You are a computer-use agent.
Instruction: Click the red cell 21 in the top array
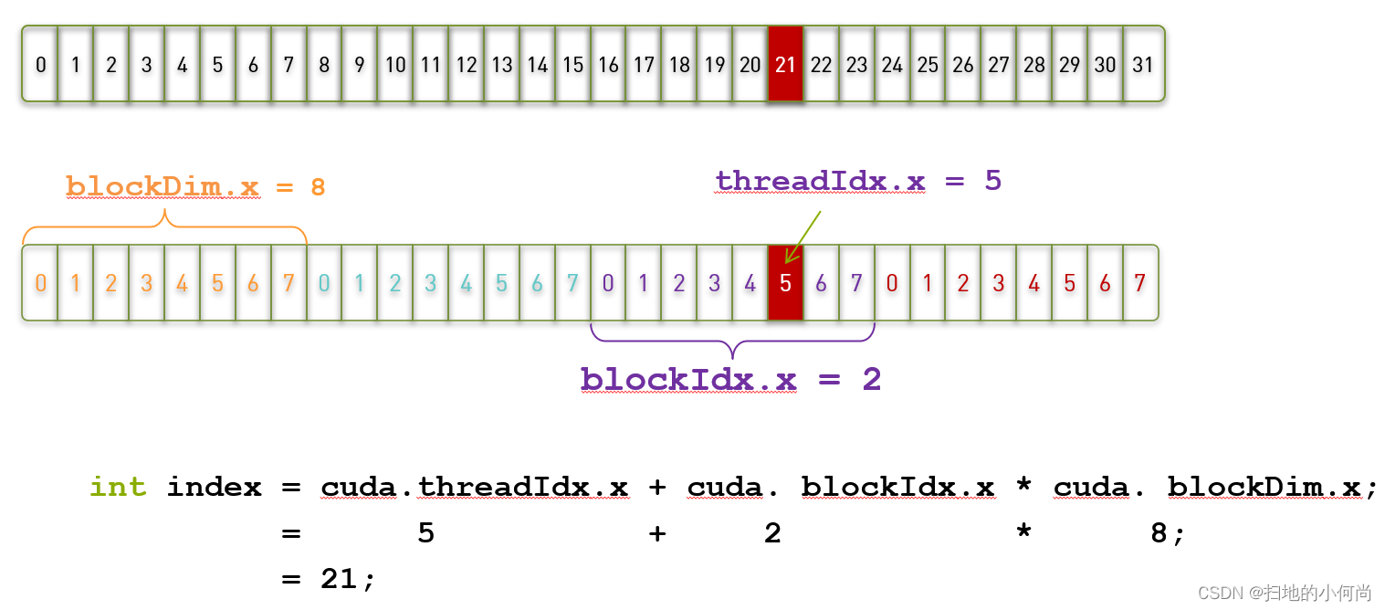click(785, 64)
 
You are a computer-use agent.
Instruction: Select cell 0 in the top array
click(40, 64)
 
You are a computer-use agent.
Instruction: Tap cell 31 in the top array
click(1142, 64)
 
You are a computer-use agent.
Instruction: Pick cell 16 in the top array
click(608, 64)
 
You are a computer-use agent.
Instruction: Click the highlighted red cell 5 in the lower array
click(785, 283)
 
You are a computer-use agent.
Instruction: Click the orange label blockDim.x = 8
click(195, 187)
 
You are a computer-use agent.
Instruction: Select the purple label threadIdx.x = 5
click(858, 181)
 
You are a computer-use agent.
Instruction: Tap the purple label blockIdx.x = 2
click(730, 379)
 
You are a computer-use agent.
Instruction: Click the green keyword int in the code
click(118, 488)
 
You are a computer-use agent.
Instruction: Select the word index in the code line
click(214, 488)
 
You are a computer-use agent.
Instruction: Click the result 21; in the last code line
click(348, 579)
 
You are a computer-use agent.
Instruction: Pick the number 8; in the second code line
click(1167, 533)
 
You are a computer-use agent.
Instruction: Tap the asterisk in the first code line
click(1023, 488)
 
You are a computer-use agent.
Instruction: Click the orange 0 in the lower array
click(40, 283)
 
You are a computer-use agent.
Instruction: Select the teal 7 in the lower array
click(572, 283)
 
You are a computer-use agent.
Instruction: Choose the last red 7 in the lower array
click(1139, 283)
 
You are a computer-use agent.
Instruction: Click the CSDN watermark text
click(1284, 594)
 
